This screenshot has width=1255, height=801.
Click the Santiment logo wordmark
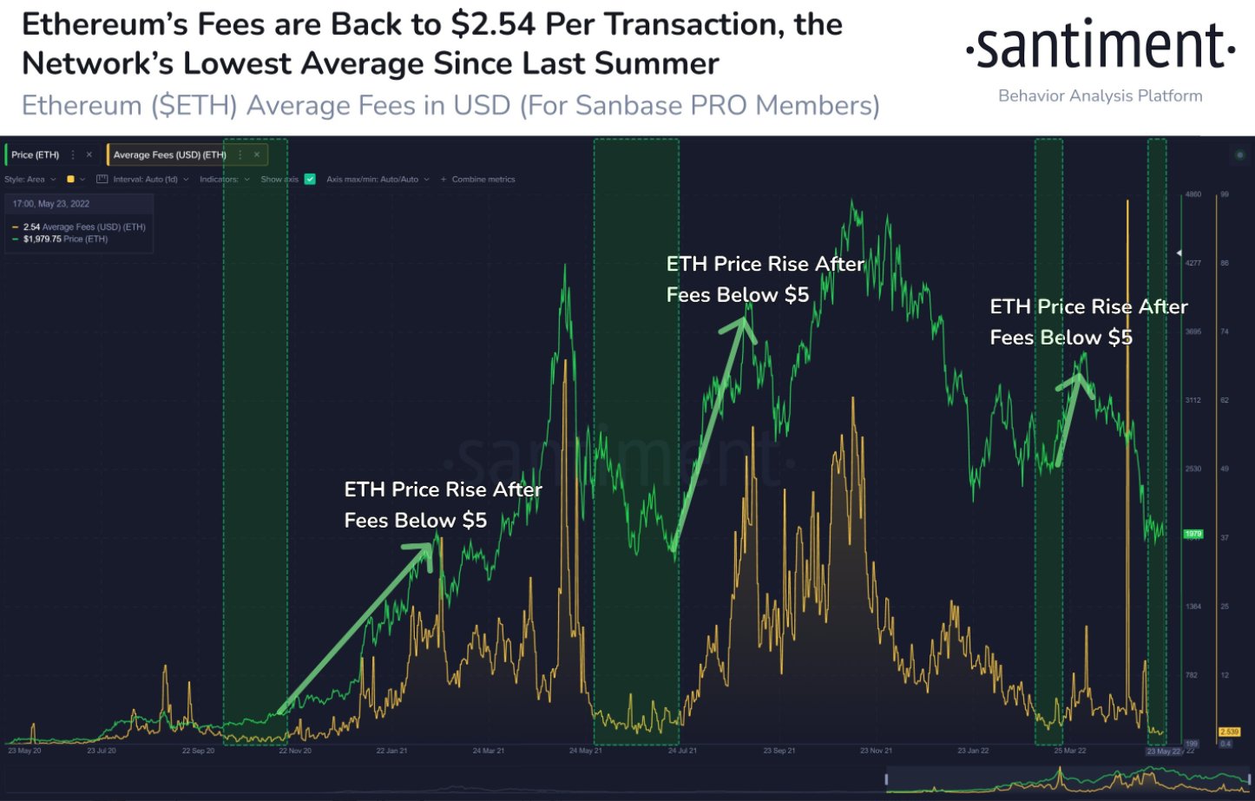coord(1101,47)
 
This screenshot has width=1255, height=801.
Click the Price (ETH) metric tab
coord(36,155)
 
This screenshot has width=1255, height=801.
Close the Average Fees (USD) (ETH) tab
coord(257,155)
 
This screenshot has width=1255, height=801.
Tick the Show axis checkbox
coord(310,180)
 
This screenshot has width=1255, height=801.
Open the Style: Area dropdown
coord(30,180)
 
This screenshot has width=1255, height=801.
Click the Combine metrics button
coord(478,180)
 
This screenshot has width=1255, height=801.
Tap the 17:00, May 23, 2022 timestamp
coord(51,204)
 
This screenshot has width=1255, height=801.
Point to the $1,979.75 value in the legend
coord(42,240)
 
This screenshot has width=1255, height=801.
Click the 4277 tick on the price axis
coord(1193,263)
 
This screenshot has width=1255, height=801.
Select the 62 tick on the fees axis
coord(1225,401)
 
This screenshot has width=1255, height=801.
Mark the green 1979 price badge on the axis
coord(1193,534)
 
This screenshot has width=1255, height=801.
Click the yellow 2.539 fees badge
coord(1229,732)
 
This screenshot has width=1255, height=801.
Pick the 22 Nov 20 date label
coord(295,751)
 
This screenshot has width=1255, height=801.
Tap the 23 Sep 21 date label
coord(779,751)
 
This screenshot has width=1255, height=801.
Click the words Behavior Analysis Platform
coord(1101,96)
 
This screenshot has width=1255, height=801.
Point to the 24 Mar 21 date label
coord(489,751)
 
